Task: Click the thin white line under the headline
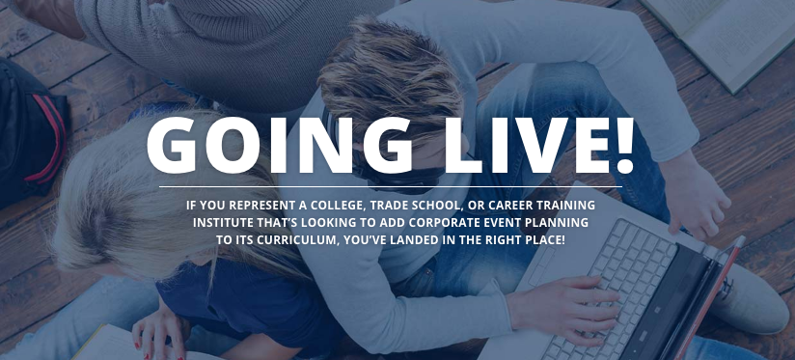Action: tap(390, 186)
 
